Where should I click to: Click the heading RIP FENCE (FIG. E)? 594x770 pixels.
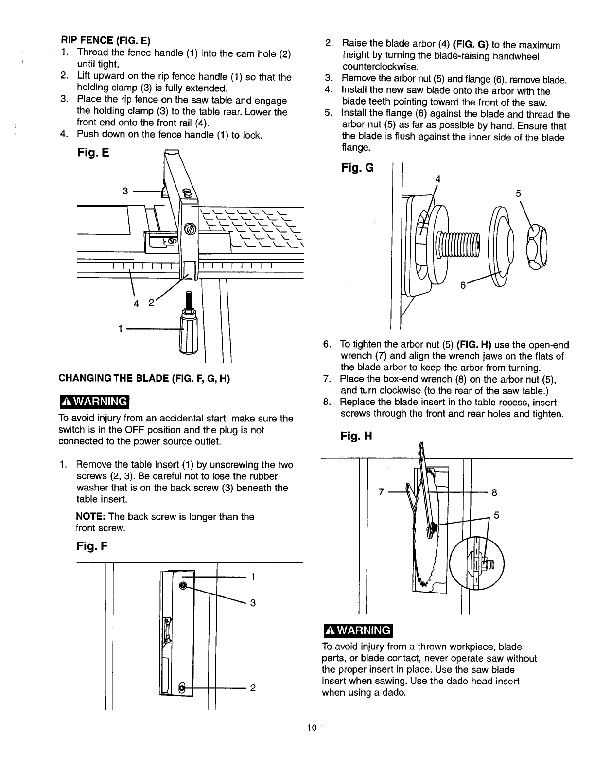pos(105,40)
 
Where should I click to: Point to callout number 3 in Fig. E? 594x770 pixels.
pos(125,191)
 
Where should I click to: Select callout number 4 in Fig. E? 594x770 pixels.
pos(136,304)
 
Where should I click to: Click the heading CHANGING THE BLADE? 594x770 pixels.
pos(144,378)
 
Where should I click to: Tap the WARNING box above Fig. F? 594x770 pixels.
pos(93,402)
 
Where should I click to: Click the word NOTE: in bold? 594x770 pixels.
pos(89,516)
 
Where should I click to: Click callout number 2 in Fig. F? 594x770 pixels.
pos(252,688)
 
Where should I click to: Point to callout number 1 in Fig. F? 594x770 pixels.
pos(252,577)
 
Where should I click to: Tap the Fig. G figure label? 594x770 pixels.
pos(357,168)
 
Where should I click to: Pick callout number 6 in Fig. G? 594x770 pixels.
pos(464,286)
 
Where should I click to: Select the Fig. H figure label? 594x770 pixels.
pos(356,436)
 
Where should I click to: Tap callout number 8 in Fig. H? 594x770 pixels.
pos(494,492)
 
